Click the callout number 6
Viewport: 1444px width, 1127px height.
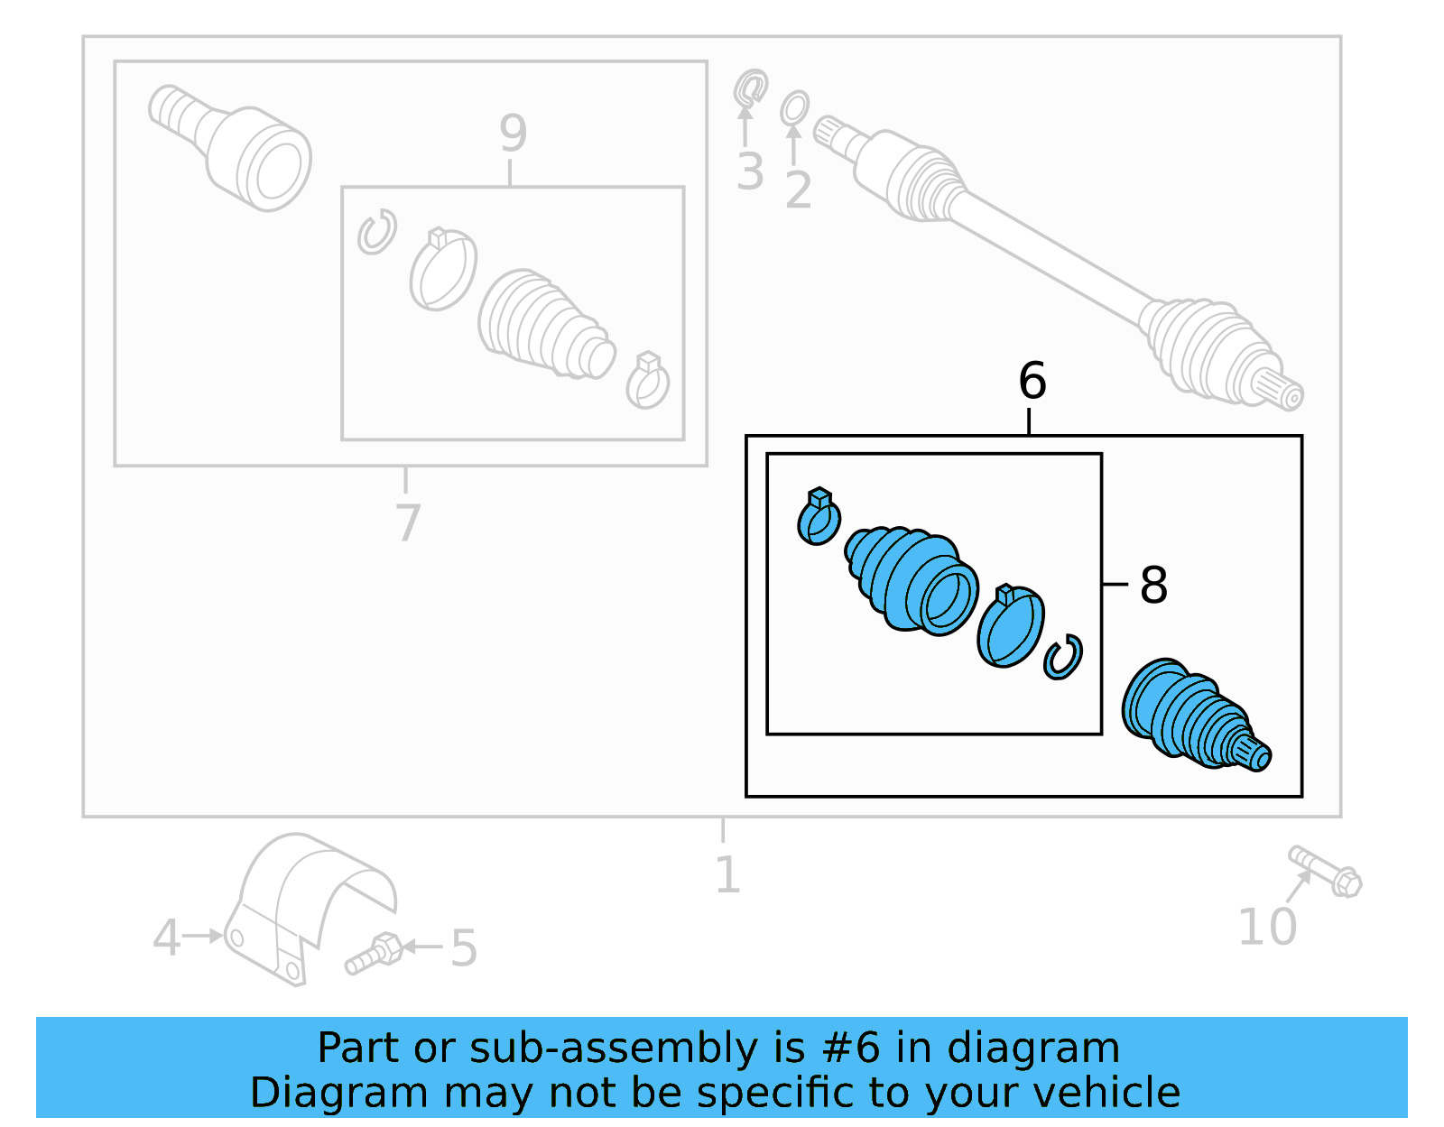click(1032, 381)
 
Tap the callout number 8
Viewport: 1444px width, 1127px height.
click(1153, 585)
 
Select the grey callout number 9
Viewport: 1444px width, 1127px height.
click(513, 134)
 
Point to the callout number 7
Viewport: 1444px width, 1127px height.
click(408, 522)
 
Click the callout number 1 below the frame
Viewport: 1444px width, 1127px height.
click(727, 874)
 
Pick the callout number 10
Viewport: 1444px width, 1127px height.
click(1266, 927)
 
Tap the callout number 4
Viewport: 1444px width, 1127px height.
click(166, 938)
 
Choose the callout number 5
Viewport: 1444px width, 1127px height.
click(464, 948)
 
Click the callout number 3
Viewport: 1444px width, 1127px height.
click(749, 171)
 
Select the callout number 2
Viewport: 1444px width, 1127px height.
click(798, 189)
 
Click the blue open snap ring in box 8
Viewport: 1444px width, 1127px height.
click(1063, 658)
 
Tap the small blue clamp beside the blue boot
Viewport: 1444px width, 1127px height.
click(819, 520)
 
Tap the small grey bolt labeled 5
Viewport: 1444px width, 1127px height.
click(374, 955)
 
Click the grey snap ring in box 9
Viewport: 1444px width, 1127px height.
click(376, 232)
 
